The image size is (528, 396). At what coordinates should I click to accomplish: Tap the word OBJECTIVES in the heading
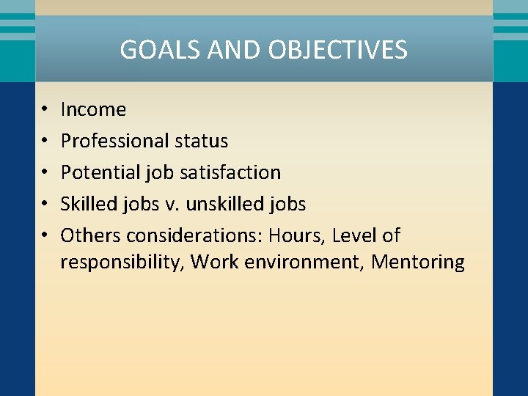pyautogui.click(x=338, y=50)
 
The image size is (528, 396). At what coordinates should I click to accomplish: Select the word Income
pyautogui.click(x=93, y=110)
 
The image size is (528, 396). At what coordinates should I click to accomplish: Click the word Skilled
pyautogui.click(x=90, y=203)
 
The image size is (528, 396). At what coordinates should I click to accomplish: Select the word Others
pyautogui.click(x=91, y=235)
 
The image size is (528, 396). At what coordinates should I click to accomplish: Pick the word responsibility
pyautogui.click(x=122, y=263)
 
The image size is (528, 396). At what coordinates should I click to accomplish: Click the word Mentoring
pyautogui.click(x=418, y=263)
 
